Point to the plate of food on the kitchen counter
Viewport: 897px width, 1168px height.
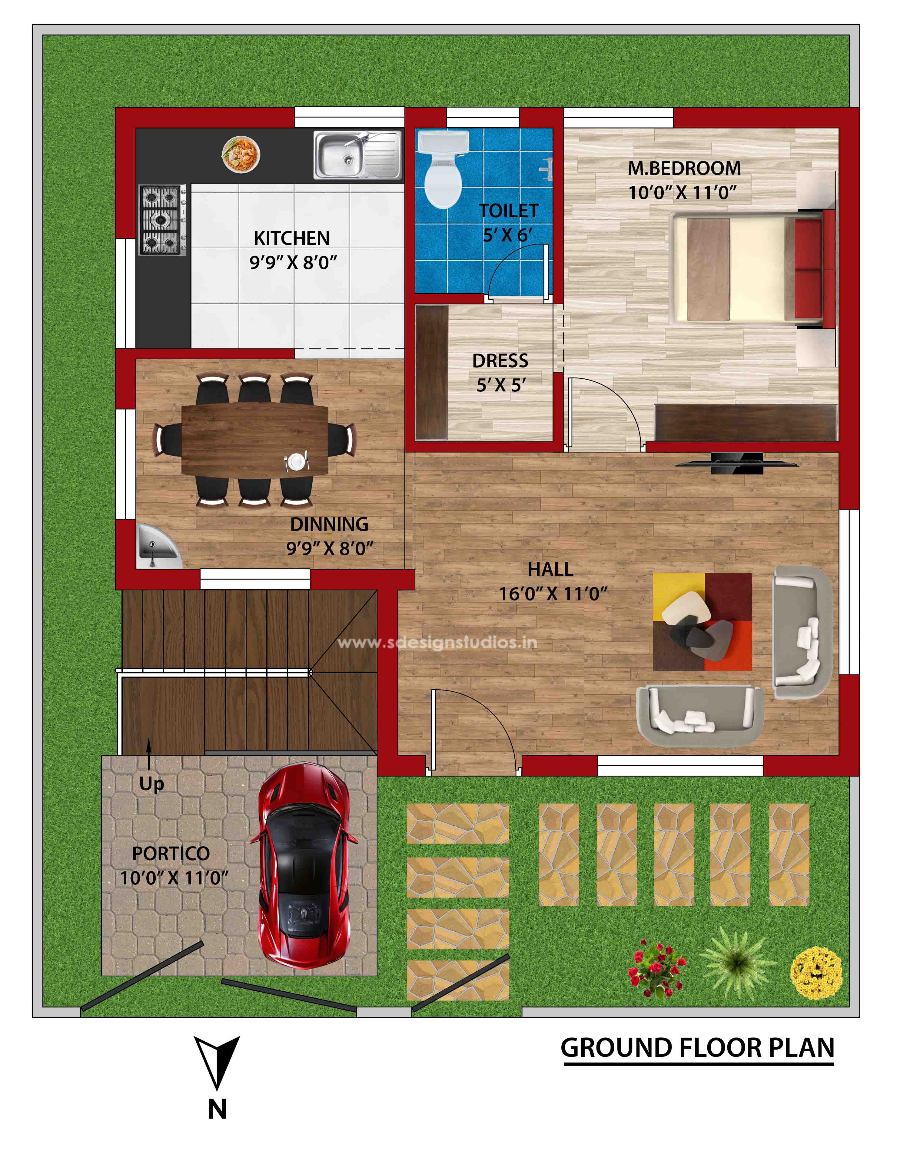[x=241, y=154]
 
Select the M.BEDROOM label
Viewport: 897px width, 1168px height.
[x=684, y=168]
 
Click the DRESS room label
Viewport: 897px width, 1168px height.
[x=500, y=361]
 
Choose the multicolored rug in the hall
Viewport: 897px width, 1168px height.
[x=702, y=622]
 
